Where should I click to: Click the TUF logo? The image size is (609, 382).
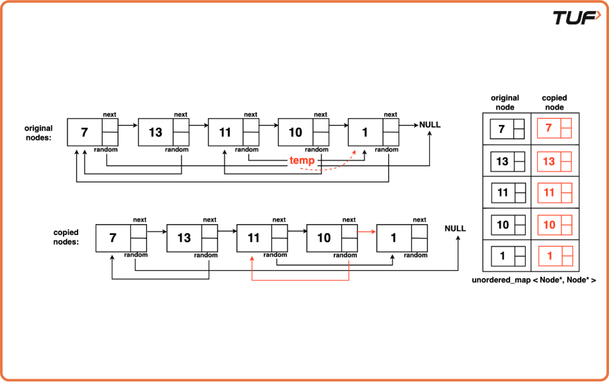click(576, 18)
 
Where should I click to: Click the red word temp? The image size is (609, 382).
click(302, 160)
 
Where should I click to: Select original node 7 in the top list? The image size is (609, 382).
click(85, 133)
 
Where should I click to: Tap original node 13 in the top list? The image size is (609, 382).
click(155, 133)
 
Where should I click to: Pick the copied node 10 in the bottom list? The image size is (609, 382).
click(324, 238)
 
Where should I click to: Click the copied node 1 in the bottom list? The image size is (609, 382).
click(393, 238)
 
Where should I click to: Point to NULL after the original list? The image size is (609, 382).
click(430, 125)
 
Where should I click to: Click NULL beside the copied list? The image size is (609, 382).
click(455, 229)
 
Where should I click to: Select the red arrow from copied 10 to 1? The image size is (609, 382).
click(366, 231)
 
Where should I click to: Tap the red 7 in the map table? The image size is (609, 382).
click(549, 129)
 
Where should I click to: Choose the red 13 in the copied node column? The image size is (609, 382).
click(549, 162)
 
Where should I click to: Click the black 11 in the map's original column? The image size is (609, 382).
click(502, 193)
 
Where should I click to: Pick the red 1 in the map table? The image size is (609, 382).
click(549, 256)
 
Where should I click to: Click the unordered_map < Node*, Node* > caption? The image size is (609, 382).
click(534, 281)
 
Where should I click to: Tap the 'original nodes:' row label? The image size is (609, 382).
click(39, 133)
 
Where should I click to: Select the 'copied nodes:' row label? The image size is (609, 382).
click(67, 237)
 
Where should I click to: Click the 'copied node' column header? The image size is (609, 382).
click(554, 103)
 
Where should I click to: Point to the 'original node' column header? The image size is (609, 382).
click(505, 103)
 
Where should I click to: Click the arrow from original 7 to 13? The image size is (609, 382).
click(128, 125)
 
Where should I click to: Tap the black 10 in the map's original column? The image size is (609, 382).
click(502, 225)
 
